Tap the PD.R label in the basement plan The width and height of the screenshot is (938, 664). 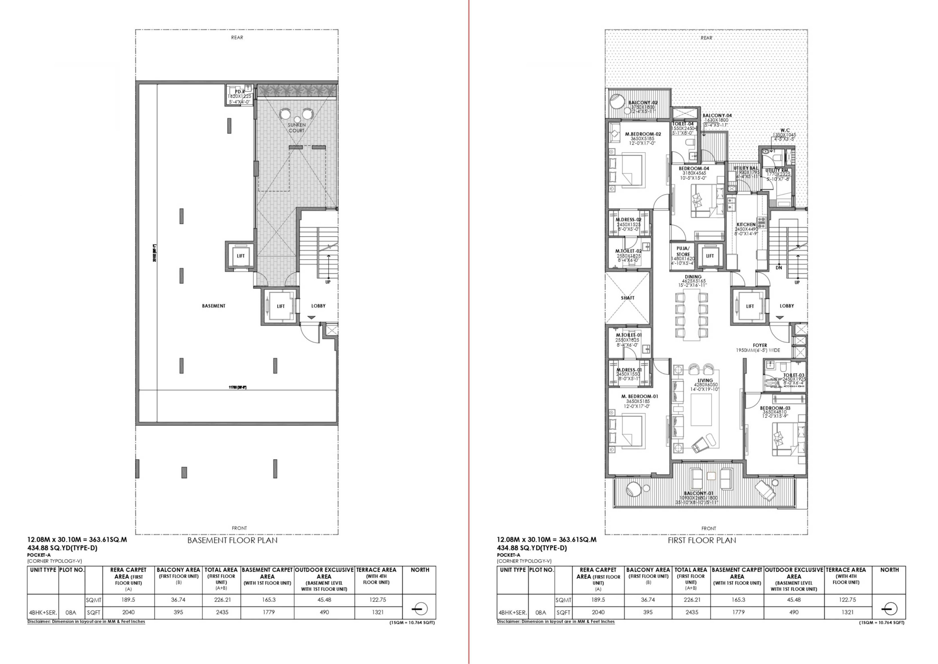(240, 92)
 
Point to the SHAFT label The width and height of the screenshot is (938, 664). (628, 298)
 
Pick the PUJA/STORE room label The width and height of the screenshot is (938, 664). (683, 251)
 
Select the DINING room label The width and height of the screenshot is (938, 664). (693, 277)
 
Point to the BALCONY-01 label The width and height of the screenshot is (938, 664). (699, 493)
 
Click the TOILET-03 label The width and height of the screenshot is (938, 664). (793, 375)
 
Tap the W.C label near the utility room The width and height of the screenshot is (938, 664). (785, 130)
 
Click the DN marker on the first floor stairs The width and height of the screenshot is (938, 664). (779, 268)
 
